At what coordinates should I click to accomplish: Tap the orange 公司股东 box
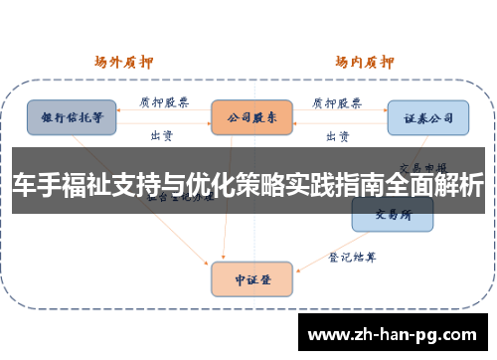[x=250, y=116]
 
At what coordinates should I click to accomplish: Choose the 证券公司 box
[x=427, y=116]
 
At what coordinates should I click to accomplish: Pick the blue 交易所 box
[x=392, y=213]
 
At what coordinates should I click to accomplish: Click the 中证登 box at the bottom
[x=250, y=278]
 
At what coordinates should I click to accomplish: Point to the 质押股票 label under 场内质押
[x=337, y=101]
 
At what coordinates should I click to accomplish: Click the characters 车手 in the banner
[x=38, y=187]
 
